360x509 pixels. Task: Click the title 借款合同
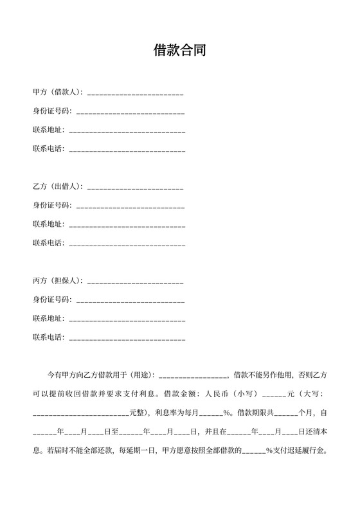click(x=180, y=51)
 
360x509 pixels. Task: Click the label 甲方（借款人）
click(x=57, y=93)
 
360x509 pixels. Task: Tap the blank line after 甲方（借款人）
click(x=135, y=94)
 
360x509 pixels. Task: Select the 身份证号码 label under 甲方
click(x=52, y=111)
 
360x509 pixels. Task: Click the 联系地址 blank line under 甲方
click(x=127, y=131)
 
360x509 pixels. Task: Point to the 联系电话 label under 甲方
click(x=48, y=149)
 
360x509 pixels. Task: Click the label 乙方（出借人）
click(x=57, y=186)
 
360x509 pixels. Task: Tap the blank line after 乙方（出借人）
click(x=135, y=188)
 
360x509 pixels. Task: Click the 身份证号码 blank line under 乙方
click(x=130, y=206)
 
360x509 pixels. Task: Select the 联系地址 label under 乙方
click(x=48, y=224)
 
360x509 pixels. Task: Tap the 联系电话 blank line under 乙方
click(x=127, y=244)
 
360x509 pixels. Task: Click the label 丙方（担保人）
click(x=57, y=281)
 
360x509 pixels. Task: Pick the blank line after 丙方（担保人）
click(x=135, y=282)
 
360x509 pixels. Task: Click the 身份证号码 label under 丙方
click(x=52, y=299)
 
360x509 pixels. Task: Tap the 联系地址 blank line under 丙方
click(x=127, y=319)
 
